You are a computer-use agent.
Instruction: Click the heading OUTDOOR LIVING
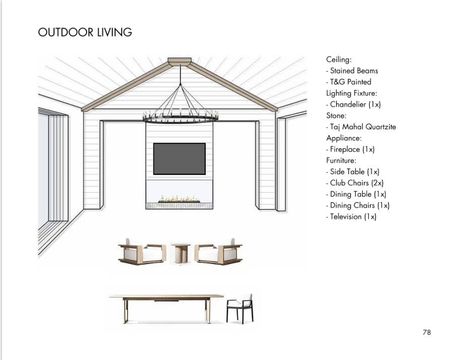[x=85, y=32]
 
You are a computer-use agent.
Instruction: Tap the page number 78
[x=427, y=332]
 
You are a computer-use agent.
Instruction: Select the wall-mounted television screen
[x=180, y=159]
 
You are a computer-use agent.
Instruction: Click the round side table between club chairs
[x=181, y=253]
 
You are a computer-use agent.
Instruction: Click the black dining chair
[x=240, y=309]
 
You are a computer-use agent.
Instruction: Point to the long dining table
[x=166, y=308]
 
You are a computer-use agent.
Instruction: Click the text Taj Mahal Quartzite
[x=361, y=127]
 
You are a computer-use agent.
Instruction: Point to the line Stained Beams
[x=352, y=71]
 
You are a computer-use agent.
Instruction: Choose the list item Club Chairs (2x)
[x=355, y=183]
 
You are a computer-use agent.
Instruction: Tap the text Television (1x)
[x=351, y=217]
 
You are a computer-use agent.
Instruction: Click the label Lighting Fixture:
[x=351, y=93]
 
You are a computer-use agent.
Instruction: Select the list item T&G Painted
[x=349, y=82]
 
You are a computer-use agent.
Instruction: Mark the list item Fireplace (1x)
[x=350, y=149]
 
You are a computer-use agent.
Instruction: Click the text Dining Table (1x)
[x=356, y=194]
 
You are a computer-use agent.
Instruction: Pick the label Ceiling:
[x=339, y=59]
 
